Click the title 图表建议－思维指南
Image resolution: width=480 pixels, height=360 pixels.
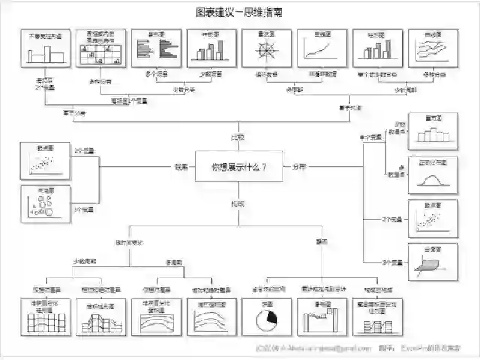[239, 12]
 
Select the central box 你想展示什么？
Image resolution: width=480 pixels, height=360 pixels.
[239, 166]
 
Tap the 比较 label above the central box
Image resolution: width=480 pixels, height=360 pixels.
[238, 138]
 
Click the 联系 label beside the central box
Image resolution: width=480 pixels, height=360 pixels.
[181, 166]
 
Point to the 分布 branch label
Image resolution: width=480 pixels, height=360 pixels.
[298, 166]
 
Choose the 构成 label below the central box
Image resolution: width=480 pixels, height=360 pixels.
[238, 203]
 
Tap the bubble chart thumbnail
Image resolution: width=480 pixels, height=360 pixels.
[45, 204]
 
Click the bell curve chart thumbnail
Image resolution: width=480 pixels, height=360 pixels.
[432, 175]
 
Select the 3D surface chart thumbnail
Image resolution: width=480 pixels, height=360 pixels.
[432, 262]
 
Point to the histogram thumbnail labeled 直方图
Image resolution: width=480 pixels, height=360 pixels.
[432, 132]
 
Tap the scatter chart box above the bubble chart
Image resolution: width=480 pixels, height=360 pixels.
[45, 160]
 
